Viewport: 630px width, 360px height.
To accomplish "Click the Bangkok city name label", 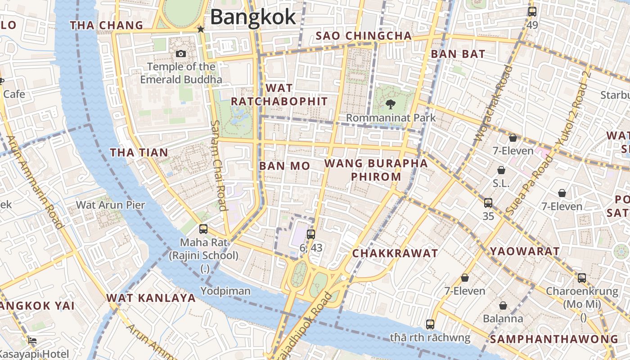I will click(x=253, y=17).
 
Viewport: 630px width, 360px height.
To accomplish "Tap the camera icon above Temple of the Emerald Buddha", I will click(x=181, y=54).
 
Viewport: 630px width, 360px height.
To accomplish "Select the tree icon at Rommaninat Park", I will click(x=390, y=104).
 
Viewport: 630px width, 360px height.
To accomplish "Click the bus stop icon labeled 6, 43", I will click(x=310, y=234).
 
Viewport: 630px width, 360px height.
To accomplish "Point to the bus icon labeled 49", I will click(x=532, y=12).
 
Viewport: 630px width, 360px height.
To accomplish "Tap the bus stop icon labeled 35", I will click(x=488, y=203).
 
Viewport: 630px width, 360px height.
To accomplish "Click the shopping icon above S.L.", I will click(x=501, y=170).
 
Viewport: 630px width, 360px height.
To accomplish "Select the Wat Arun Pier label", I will click(x=110, y=205).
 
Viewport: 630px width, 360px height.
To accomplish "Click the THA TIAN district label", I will click(x=139, y=153).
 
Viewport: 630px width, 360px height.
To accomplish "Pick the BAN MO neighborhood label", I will click(x=284, y=166).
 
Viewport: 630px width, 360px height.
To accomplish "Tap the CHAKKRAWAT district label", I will click(x=395, y=253).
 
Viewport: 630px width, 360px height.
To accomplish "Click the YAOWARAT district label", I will click(x=525, y=252).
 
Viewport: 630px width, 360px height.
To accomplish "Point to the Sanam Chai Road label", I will click(x=218, y=165).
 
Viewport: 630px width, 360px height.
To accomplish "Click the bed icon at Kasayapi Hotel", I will click(x=32, y=341).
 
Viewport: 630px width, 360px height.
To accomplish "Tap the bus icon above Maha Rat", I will click(x=203, y=229).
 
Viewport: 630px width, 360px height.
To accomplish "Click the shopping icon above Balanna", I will click(x=503, y=306).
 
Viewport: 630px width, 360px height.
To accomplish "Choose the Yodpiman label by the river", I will click(x=225, y=291).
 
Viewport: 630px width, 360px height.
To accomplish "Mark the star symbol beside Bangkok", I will click(x=201, y=29).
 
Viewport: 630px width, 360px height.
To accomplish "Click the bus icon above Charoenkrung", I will click(x=582, y=278).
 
